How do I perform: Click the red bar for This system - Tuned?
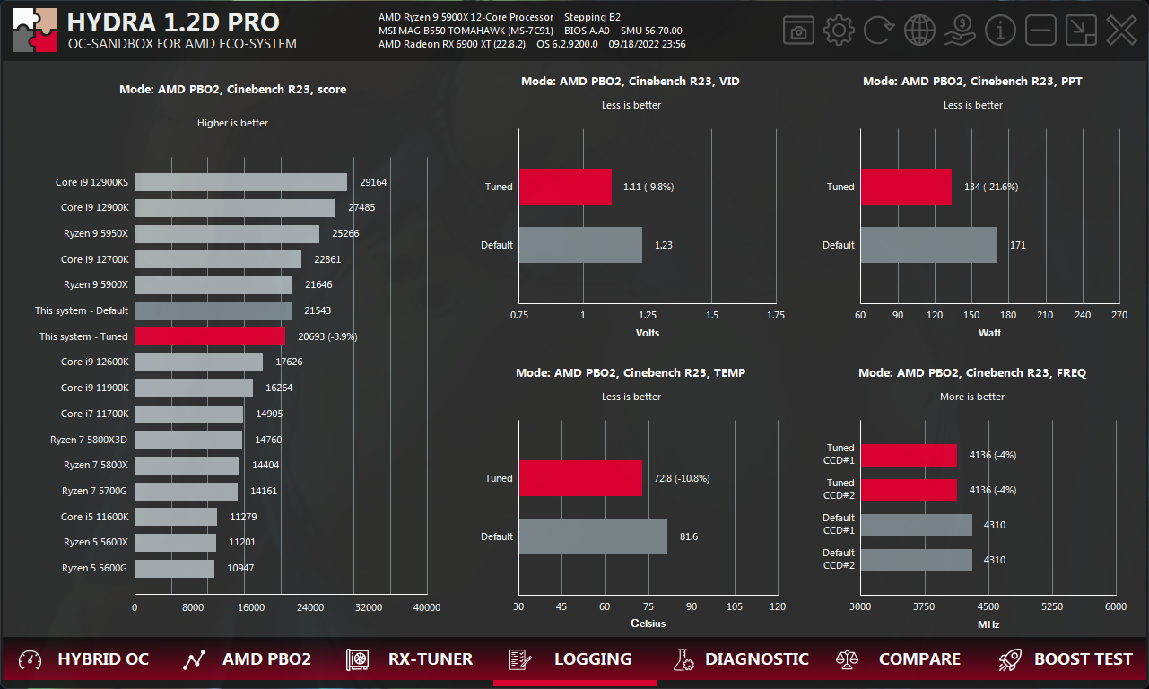[x=210, y=336]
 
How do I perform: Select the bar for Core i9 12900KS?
[x=240, y=182]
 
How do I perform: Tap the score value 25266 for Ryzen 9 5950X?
[x=345, y=234]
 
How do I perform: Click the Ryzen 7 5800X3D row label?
[x=89, y=440]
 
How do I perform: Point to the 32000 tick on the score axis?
[x=368, y=607]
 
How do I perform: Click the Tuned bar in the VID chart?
[x=565, y=187]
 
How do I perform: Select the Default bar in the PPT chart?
[x=928, y=245]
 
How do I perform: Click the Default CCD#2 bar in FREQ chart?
[x=916, y=560]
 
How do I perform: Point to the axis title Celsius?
[x=648, y=624]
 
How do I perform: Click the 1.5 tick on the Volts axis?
[x=712, y=315]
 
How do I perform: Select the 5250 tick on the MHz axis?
[x=1052, y=606]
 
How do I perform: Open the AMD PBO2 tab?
[x=247, y=659]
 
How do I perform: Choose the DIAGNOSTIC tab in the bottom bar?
[x=741, y=659]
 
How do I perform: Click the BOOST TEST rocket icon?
[x=1010, y=659]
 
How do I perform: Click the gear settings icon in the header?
[x=839, y=31]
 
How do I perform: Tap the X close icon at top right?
[x=1120, y=31]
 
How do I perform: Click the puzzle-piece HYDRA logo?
[x=34, y=31]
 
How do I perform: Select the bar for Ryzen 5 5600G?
[x=175, y=568]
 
